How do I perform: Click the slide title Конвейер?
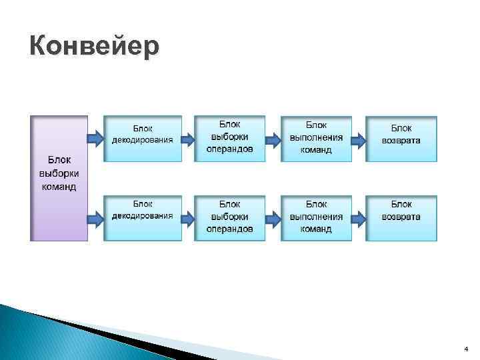point(95,47)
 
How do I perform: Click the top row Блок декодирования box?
point(142,139)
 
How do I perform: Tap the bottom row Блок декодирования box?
point(142,217)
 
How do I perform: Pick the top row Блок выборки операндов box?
point(229,139)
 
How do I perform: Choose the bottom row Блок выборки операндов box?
point(229,217)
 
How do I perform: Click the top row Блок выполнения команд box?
point(316,139)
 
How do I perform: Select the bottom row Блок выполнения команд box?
point(316,217)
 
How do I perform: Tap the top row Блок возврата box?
point(401,139)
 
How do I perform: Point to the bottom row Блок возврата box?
point(401,217)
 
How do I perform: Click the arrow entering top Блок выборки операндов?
point(188,139)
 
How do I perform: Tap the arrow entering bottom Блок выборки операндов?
point(188,217)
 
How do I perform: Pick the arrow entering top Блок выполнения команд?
point(273,140)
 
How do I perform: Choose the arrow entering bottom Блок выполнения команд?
point(273,217)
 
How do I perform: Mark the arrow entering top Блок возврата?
point(359,140)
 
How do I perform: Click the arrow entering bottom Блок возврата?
point(359,217)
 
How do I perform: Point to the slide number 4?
point(465,349)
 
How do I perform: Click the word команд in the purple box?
point(59,187)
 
